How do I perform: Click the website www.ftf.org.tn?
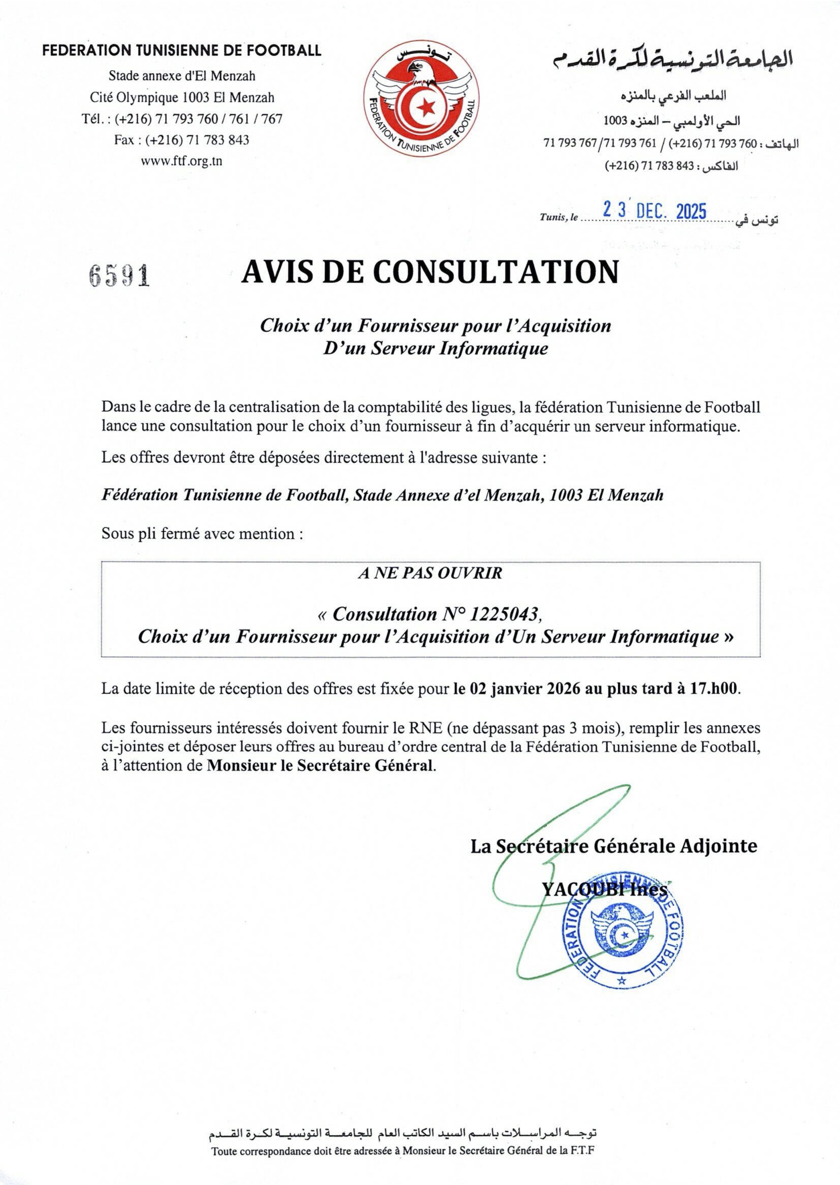click(x=182, y=161)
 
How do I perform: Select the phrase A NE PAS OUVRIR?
click(x=430, y=573)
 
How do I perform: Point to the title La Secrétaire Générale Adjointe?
click(x=613, y=846)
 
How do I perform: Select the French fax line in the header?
click(x=182, y=140)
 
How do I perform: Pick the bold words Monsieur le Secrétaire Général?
click(x=320, y=765)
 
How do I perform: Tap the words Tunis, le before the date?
click(x=559, y=217)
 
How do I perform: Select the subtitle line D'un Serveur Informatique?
click(x=435, y=348)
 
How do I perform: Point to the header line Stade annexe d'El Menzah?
click(x=182, y=76)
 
